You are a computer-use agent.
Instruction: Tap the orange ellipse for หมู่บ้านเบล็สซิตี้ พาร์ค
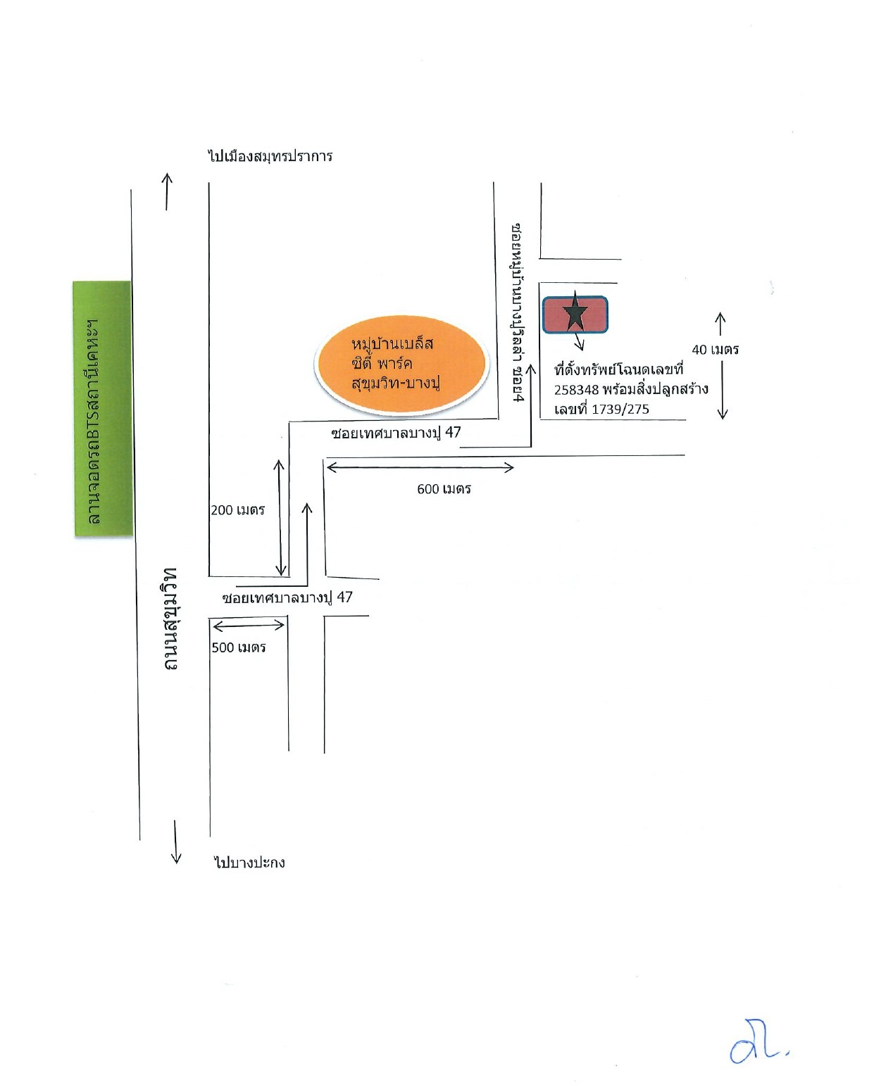coord(401,362)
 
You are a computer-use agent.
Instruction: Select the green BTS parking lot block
coord(103,407)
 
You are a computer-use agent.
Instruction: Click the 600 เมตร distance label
coord(444,489)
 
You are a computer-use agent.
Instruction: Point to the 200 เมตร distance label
coord(238,509)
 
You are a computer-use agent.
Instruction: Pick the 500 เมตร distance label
coord(239,647)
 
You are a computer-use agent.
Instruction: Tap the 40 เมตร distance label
coord(715,350)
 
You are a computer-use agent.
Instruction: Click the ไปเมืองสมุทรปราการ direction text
coord(270,156)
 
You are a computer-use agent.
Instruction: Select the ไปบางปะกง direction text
coord(249,862)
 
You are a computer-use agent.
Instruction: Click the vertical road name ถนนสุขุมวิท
coord(170,619)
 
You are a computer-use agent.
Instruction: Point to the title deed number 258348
coord(576,390)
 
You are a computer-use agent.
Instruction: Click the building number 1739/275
coord(620,410)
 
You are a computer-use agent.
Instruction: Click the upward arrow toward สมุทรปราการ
coord(167,191)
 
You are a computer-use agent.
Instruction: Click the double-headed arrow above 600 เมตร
coord(420,467)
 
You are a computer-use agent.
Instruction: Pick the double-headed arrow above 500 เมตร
coord(249,626)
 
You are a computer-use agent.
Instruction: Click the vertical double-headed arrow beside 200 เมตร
coord(280,517)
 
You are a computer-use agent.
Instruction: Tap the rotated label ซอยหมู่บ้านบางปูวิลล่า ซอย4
coord(518,312)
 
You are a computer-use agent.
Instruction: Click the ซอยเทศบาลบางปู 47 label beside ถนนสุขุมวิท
coord(287,597)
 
